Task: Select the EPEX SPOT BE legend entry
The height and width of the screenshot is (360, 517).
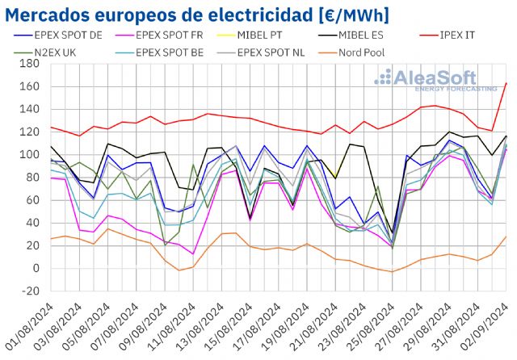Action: click(x=183, y=52)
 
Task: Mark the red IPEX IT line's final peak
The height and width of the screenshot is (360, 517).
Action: click(x=506, y=83)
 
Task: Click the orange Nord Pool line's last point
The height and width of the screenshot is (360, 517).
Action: click(x=506, y=237)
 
